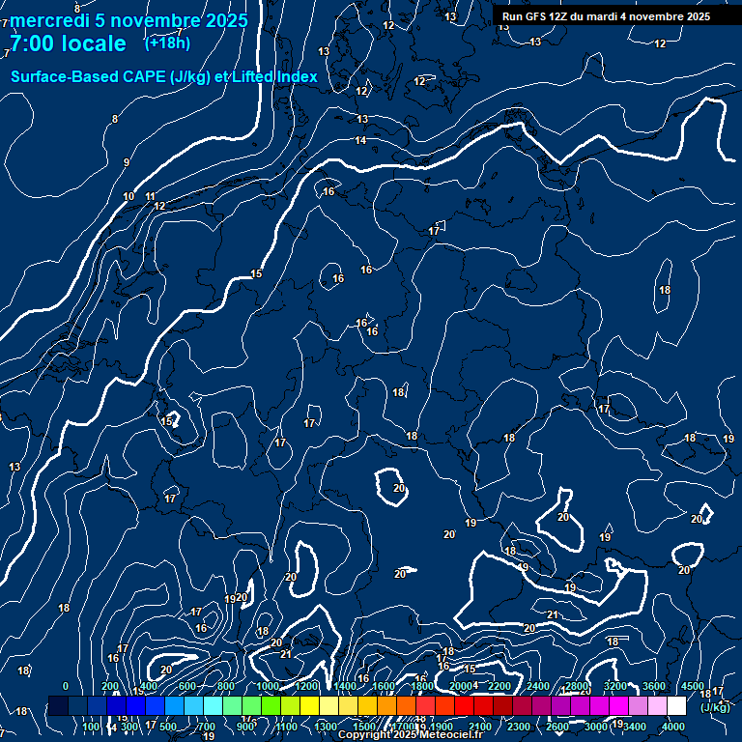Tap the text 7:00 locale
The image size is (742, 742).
click(68, 43)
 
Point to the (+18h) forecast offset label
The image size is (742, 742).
click(167, 43)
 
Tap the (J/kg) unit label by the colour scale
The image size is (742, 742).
click(715, 707)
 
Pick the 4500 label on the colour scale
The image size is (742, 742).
click(693, 686)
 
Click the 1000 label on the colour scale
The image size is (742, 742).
click(268, 686)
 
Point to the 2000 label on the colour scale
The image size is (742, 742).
click(461, 686)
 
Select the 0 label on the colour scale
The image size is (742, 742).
click(66, 686)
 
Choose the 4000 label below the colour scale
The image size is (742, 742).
click(674, 727)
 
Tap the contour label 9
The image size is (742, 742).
click(127, 163)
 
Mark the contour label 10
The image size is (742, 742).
click(128, 197)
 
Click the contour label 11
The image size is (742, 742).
click(150, 197)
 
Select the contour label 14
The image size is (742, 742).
click(360, 141)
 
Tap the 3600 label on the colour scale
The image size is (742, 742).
click(654, 686)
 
